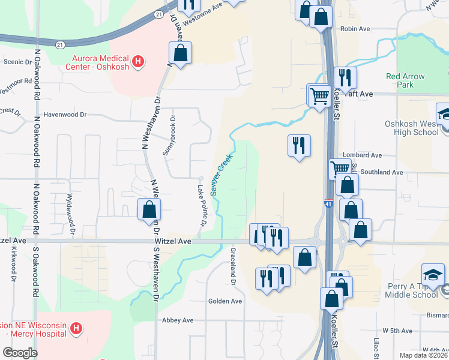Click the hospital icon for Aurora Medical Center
point(139,61)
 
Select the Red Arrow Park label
point(405,80)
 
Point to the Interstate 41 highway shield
point(328,204)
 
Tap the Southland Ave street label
point(382,172)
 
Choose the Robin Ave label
point(355,29)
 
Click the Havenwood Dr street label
point(65,115)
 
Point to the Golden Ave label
point(224,301)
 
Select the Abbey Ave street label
point(178,320)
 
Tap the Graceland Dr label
point(233,266)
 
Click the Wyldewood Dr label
point(71,213)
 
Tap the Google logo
point(20,353)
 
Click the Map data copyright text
point(424,355)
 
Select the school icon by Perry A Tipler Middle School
point(433,274)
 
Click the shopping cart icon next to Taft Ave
point(319,95)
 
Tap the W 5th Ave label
point(397,331)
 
